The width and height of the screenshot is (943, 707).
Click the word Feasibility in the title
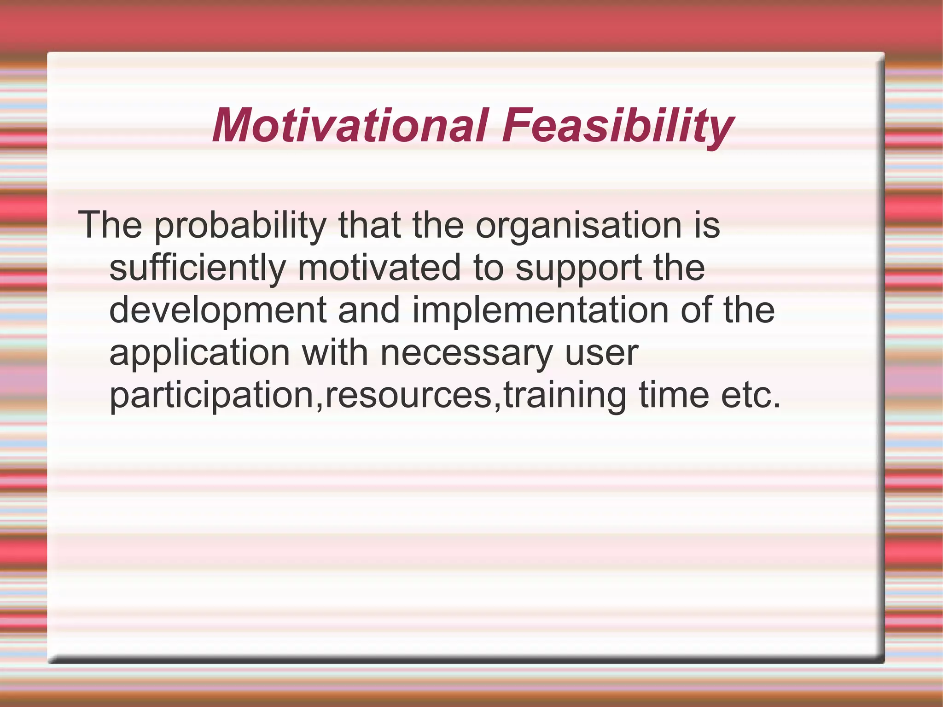617,125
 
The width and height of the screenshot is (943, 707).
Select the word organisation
578,226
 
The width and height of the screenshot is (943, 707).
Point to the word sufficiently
198,268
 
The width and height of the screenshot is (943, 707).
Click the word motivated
379,268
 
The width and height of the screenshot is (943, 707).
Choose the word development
218,310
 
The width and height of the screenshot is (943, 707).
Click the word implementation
540,310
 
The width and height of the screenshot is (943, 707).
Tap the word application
199,353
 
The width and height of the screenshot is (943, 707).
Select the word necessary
466,353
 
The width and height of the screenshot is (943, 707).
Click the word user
601,353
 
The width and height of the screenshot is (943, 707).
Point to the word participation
212,395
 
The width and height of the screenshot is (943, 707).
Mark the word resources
409,395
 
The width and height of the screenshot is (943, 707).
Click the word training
565,395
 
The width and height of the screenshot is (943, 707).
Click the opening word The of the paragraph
110,226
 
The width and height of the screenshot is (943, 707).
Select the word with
334,353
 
